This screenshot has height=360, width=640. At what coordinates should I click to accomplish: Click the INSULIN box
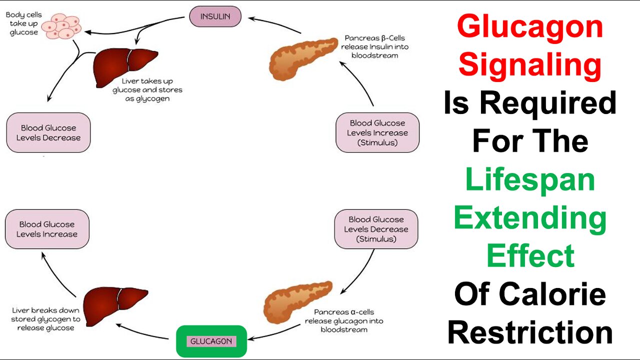tap(215, 16)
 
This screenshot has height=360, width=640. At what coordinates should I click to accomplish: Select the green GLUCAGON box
tap(211, 341)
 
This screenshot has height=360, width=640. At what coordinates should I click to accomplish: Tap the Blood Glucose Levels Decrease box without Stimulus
tap(48, 132)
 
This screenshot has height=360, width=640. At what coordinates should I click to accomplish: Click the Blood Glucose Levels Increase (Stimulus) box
tap(377, 132)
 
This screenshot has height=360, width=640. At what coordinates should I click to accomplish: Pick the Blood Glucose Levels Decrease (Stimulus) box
tap(375, 229)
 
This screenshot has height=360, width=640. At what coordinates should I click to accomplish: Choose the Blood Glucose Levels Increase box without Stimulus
tap(47, 229)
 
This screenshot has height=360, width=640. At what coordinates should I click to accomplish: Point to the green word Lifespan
tap(530, 179)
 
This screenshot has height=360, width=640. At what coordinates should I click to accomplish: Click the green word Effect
tap(530, 255)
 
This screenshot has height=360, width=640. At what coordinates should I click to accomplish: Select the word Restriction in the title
tap(530, 332)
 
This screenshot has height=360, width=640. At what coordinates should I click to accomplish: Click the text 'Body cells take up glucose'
tap(21, 23)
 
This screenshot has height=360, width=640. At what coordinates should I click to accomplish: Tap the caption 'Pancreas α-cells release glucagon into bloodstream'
tap(343, 320)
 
